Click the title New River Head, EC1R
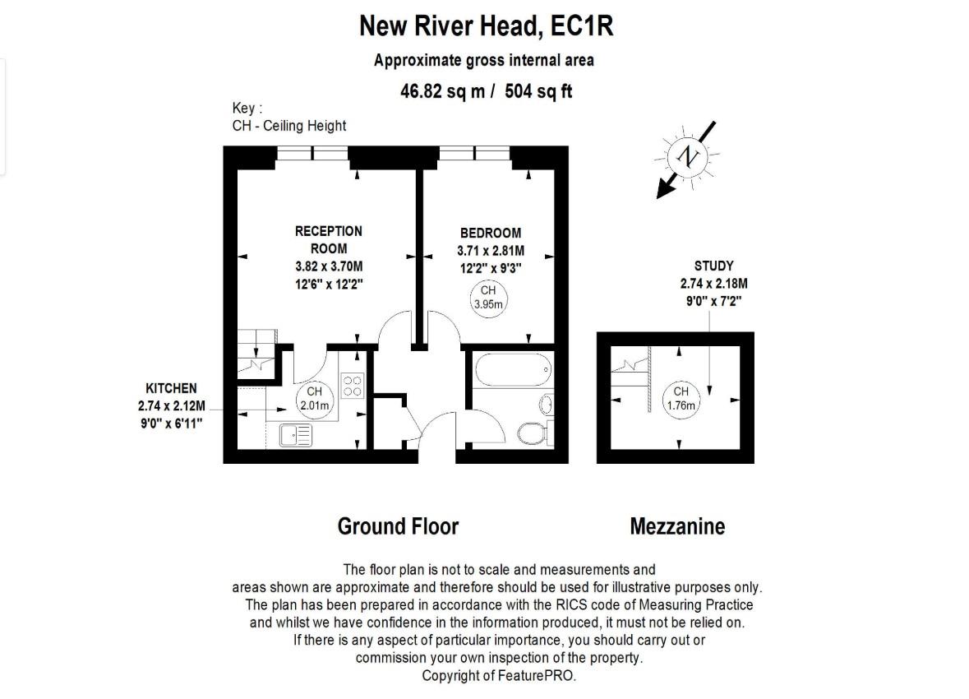tap(486, 26)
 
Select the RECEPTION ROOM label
tap(328, 239)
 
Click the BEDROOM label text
tap(490, 234)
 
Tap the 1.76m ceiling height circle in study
tap(681, 399)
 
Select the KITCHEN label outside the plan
tap(171, 388)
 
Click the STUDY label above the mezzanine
tap(713, 266)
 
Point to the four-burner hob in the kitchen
tap(353, 387)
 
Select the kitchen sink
tap(293, 434)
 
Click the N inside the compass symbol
tap(687, 156)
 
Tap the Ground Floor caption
tap(398, 526)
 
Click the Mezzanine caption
tap(677, 526)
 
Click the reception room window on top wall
tap(312, 153)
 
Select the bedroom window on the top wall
tap(475, 153)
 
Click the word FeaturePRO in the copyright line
tap(535, 675)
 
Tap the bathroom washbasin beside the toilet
tap(546, 404)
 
